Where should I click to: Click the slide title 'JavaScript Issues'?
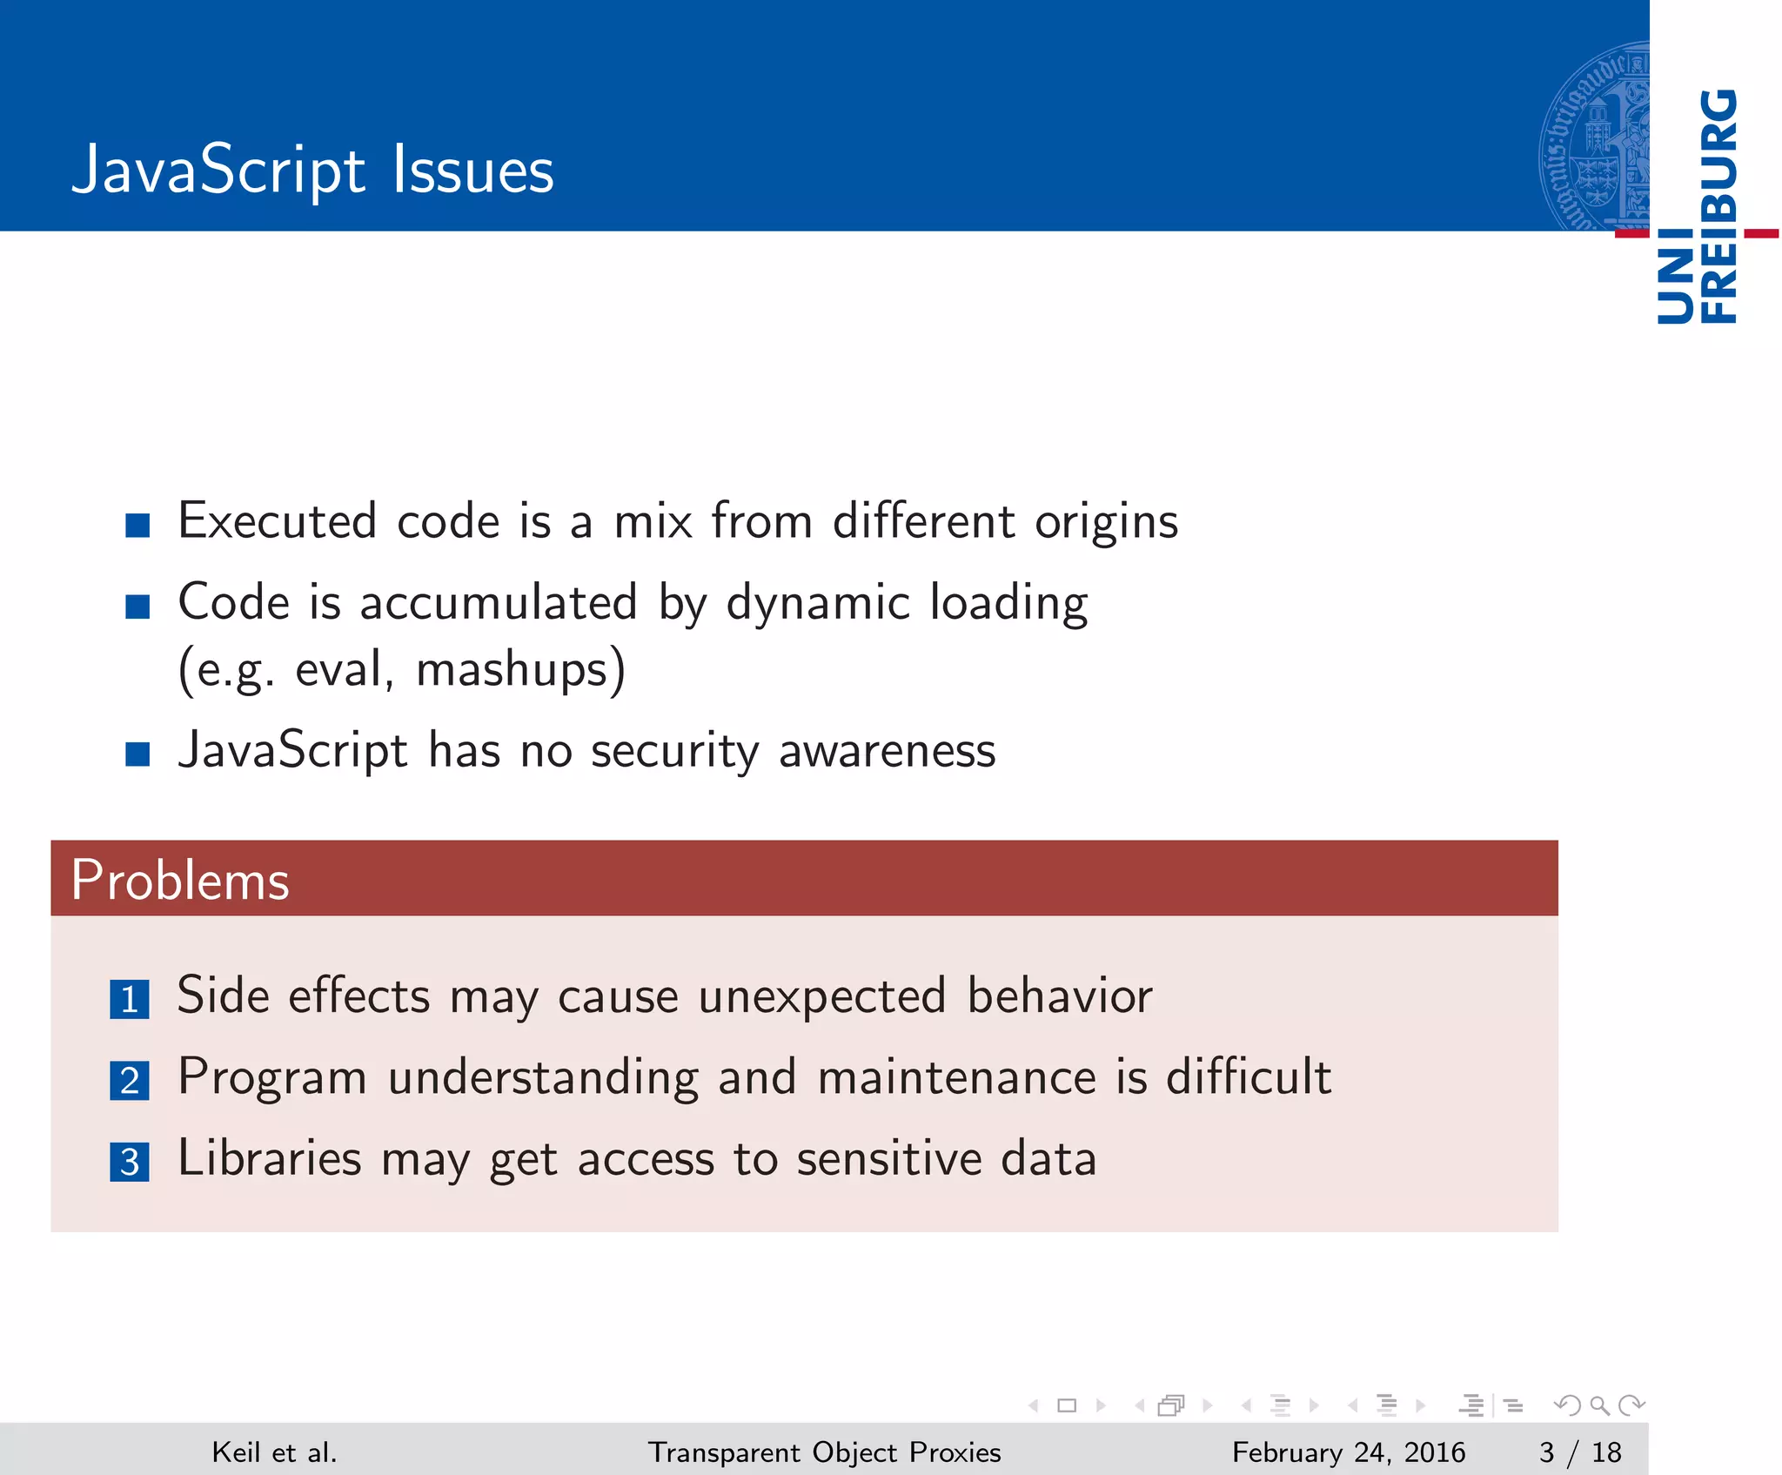click(312, 170)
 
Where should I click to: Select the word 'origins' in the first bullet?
click(1106, 522)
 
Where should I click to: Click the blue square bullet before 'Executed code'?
click(137, 525)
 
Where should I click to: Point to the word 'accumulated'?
click(499, 602)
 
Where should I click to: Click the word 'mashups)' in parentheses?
click(520, 670)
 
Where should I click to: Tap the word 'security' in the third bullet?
click(674, 750)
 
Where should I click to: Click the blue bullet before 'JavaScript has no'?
click(137, 754)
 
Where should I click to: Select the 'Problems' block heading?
click(180, 880)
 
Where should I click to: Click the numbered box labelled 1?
click(130, 999)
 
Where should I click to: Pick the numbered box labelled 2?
click(130, 1081)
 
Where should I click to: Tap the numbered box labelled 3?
click(130, 1162)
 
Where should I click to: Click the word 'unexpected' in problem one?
click(821, 996)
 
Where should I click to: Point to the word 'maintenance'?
click(957, 1077)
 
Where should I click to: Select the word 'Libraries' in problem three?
click(270, 1159)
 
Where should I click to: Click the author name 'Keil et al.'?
click(274, 1452)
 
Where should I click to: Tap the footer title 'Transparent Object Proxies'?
click(824, 1452)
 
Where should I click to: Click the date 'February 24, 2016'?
click(1348, 1452)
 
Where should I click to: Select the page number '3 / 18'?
click(1580, 1452)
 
